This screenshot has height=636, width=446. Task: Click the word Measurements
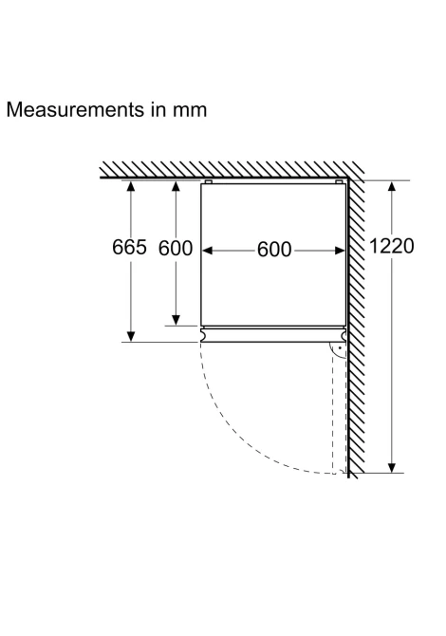(75, 109)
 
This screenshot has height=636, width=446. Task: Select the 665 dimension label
(129, 247)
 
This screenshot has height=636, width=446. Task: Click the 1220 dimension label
(392, 246)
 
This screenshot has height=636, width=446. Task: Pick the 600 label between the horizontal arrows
(274, 249)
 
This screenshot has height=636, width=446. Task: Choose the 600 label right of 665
(176, 248)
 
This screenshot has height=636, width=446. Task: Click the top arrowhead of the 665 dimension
(131, 186)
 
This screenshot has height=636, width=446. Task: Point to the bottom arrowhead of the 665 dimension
(131, 336)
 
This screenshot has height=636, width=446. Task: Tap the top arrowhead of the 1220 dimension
(392, 186)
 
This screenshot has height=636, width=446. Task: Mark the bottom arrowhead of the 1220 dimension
(392, 467)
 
